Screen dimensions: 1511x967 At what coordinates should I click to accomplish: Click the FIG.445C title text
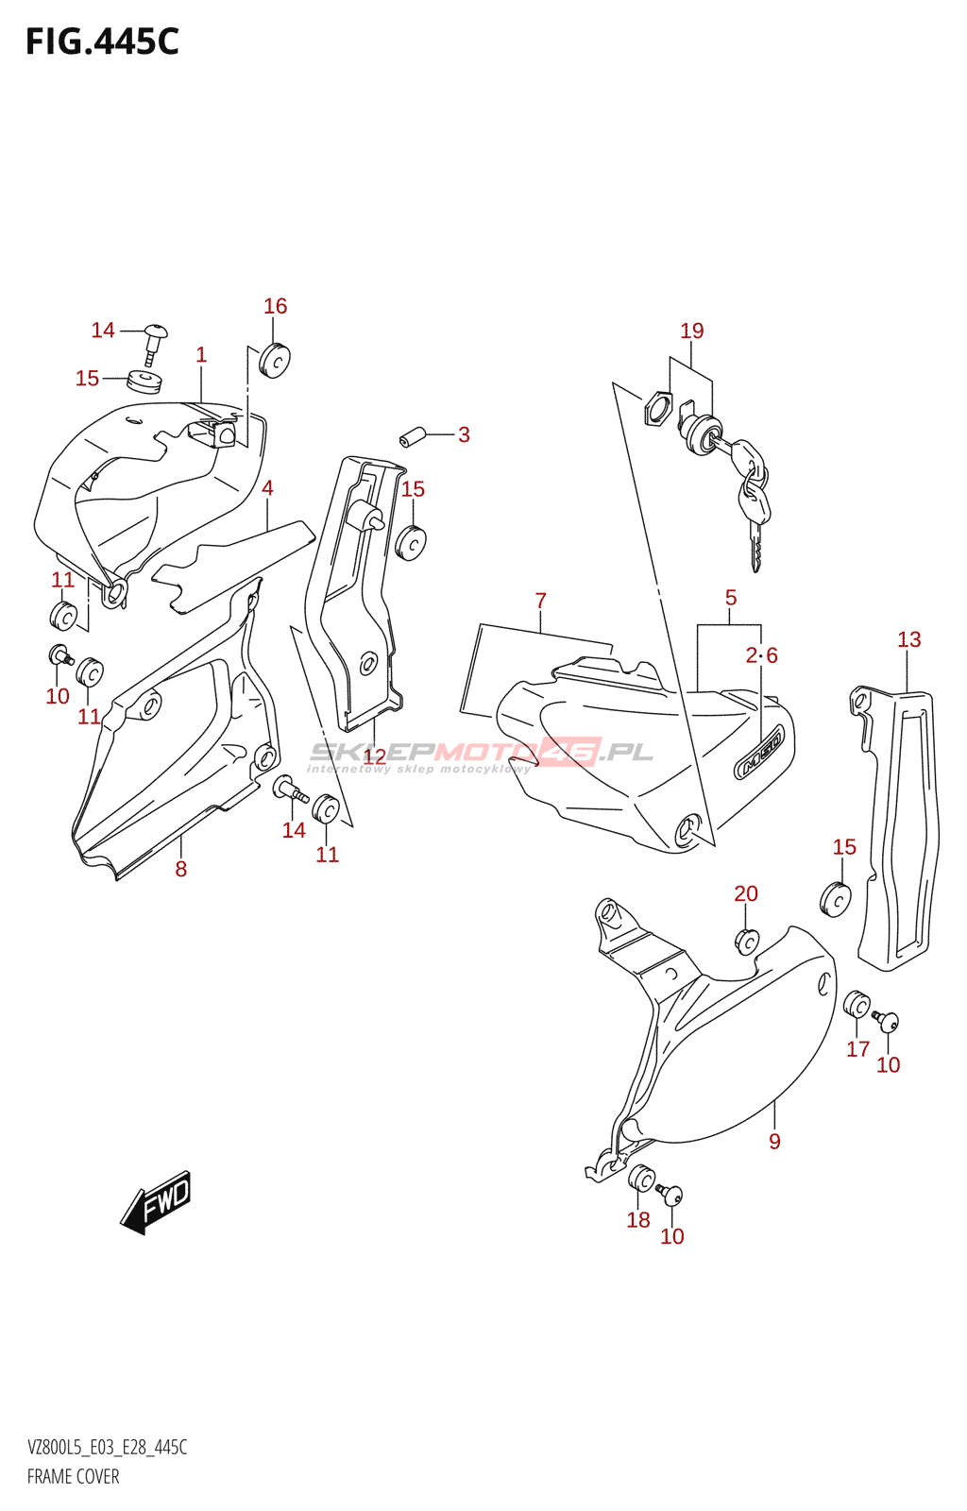(x=102, y=42)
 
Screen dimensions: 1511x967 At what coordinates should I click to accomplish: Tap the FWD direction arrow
(x=157, y=1202)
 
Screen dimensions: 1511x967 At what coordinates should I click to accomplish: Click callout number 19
(x=692, y=331)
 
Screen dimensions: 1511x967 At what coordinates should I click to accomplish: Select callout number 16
(x=275, y=306)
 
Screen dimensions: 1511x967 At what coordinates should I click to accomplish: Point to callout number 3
(x=464, y=434)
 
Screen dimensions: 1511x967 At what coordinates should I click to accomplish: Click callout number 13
(x=908, y=639)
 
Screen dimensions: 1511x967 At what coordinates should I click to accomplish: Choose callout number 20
(x=746, y=893)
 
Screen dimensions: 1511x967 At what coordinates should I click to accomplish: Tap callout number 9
(x=774, y=1141)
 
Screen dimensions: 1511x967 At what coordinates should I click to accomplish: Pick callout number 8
(x=180, y=869)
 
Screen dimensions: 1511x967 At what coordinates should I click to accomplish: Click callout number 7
(x=540, y=601)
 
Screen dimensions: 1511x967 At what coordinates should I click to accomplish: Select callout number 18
(x=638, y=1219)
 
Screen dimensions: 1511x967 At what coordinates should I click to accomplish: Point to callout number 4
(x=267, y=488)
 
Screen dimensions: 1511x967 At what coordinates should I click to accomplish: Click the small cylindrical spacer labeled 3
(x=410, y=438)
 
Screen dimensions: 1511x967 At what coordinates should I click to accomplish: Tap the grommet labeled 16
(x=275, y=360)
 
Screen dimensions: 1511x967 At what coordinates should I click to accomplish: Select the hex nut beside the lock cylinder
(x=657, y=409)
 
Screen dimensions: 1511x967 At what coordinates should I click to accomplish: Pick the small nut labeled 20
(x=746, y=942)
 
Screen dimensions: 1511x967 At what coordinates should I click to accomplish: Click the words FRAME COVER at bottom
(x=74, y=1476)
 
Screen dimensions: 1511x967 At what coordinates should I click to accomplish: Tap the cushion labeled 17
(x=856, y=1004)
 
